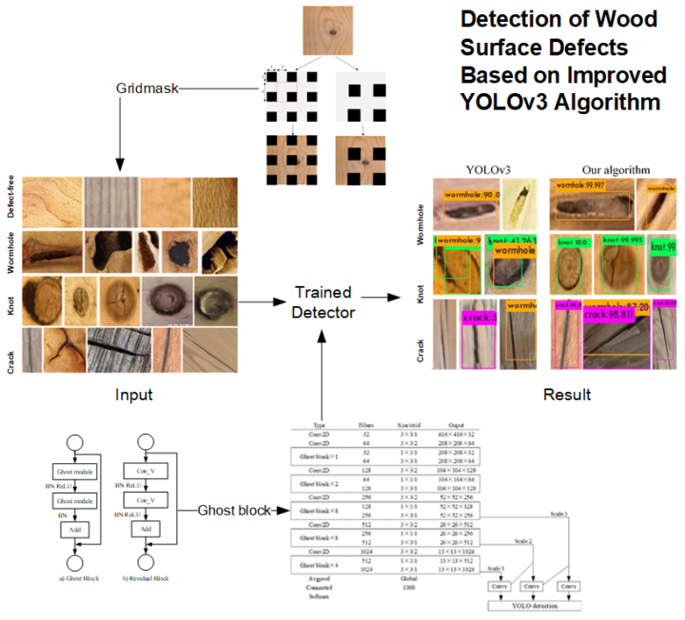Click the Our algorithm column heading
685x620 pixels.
coord(616,169)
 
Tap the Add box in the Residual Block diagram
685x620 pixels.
coord(146,529)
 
